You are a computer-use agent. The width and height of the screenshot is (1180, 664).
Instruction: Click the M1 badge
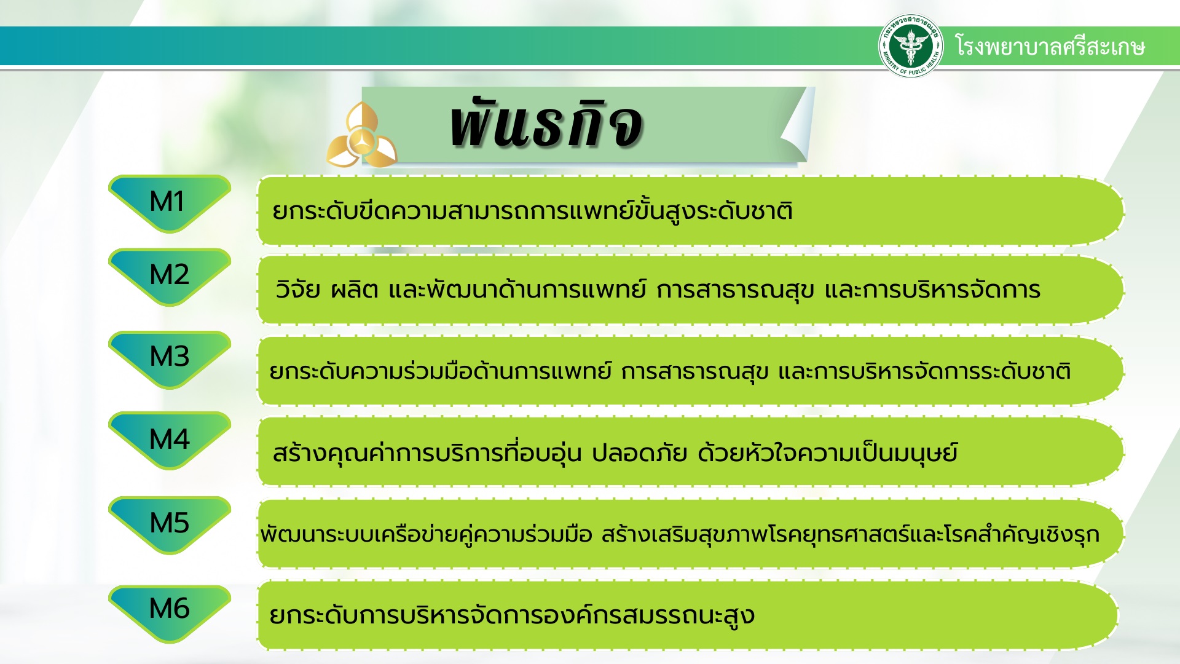[170, 204]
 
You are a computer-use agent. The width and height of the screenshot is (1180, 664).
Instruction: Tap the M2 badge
[170, 277]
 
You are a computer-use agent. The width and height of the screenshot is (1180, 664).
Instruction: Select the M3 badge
[170, 360]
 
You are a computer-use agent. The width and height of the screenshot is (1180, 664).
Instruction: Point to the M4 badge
[170, 441]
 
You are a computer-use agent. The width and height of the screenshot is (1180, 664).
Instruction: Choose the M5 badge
[170, 525]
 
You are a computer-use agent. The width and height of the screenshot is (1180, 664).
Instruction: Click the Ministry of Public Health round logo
[911, 45]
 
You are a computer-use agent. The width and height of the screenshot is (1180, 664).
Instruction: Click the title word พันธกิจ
[546, 123]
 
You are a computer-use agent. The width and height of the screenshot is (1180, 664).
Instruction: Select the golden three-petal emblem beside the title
[361, 136]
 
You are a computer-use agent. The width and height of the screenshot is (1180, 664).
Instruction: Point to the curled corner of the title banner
[798, 126]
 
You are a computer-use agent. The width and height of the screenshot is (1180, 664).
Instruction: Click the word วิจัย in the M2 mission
[298, 289]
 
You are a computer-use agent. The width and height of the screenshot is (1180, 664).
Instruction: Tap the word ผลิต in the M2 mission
[355, 289]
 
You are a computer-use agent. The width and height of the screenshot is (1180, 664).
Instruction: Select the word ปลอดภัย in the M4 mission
[639, 453]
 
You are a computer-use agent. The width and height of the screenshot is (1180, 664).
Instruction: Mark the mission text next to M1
[532, 210]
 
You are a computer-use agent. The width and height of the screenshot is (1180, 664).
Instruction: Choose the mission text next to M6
[512, 615]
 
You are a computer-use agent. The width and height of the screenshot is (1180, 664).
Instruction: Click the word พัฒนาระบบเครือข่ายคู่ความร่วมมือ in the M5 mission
[427, 534]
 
